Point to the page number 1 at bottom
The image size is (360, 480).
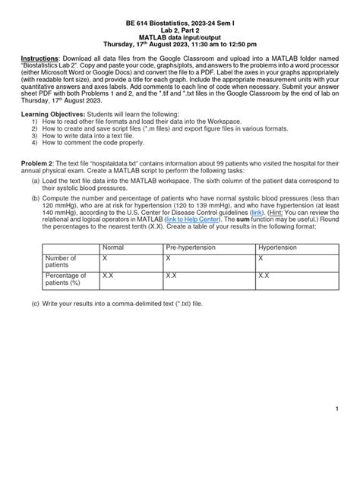pyautogui.click(x=335, y=409)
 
